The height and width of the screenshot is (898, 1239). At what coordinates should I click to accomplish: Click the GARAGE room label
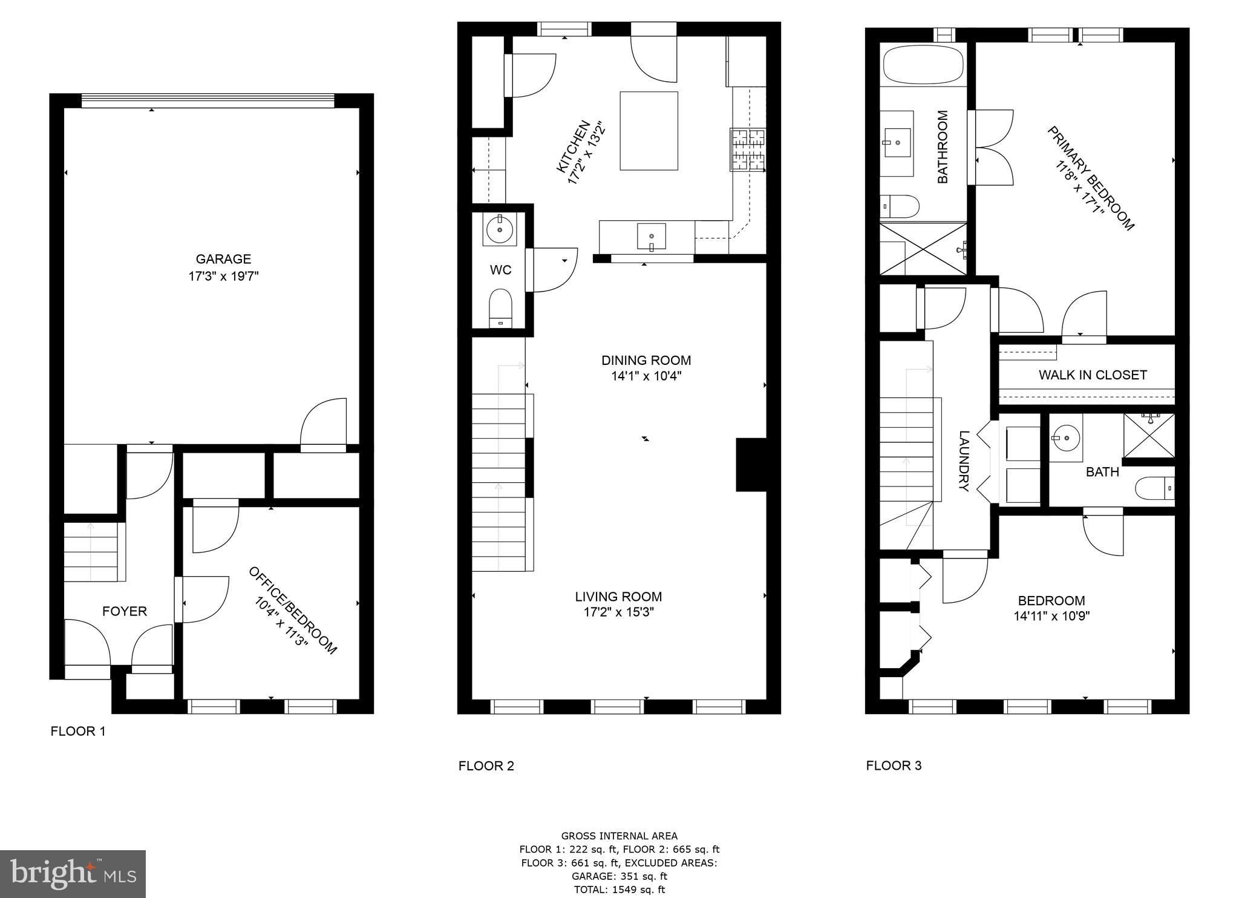coord(223,259)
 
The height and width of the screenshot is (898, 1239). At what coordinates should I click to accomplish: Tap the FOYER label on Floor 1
coord(125,611)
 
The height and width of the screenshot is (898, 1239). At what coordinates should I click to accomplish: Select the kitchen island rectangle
coord(649,131)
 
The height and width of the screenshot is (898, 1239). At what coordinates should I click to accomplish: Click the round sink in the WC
coord(500,229)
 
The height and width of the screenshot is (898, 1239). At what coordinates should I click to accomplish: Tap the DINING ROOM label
coord(646,361)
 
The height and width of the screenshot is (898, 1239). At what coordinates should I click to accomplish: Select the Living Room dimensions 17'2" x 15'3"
coord(618,612)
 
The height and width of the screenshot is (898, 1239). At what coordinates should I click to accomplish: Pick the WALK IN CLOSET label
coord(1093,375)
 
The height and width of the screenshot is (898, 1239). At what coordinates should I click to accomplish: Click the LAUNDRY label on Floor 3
coord(964,460)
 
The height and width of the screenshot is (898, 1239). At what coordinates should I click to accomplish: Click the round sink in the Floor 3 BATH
coord(1065,436)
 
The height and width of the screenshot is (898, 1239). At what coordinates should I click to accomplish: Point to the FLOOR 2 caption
coord(486,766)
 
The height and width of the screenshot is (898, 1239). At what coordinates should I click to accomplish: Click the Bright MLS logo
coord(73,874)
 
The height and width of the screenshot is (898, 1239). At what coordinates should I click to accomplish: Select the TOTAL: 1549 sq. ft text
coord(619,890)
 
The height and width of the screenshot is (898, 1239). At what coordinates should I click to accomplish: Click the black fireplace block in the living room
coord(751,465)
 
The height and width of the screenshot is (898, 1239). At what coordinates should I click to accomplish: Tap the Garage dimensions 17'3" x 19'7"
coord(223,277)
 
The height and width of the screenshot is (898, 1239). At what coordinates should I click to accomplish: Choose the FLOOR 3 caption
coord(894,765)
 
